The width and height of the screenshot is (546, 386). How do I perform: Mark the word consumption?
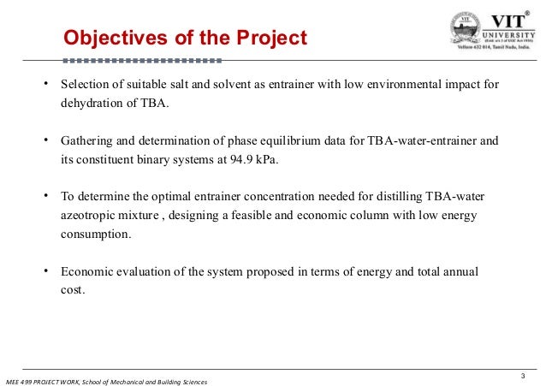coord(96,232)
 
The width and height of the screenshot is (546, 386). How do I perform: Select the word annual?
coord(460,271)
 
